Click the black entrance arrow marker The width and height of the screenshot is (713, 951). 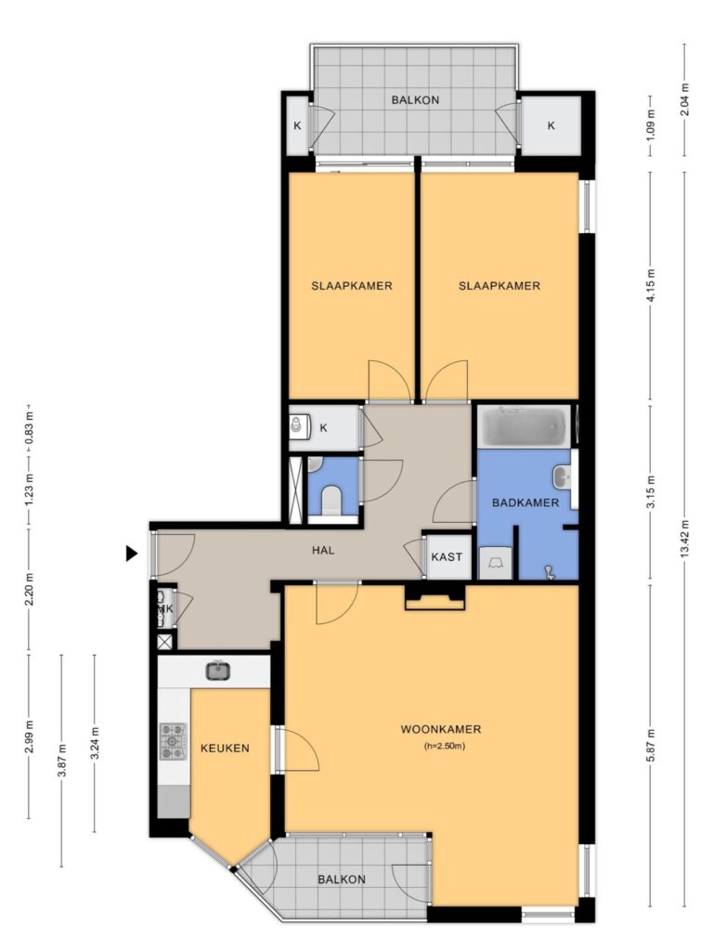(131, 554)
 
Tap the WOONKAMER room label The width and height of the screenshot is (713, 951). (441, 729)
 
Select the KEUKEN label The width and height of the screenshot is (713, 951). (225, 748)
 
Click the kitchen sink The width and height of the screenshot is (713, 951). (218, 671)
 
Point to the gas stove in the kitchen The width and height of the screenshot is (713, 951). (174, 741)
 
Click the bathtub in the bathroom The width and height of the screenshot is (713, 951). (525, 426)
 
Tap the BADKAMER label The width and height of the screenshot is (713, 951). (525, 502)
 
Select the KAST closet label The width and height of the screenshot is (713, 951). (447, 556)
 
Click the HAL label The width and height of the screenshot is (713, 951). (323, 551)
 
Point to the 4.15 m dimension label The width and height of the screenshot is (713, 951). (651, 285)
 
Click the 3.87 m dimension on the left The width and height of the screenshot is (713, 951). (61, 760)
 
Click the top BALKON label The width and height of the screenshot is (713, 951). (415, 99)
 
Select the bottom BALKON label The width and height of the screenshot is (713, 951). (342, 879)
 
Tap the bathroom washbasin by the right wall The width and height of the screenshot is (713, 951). (564, 476)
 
